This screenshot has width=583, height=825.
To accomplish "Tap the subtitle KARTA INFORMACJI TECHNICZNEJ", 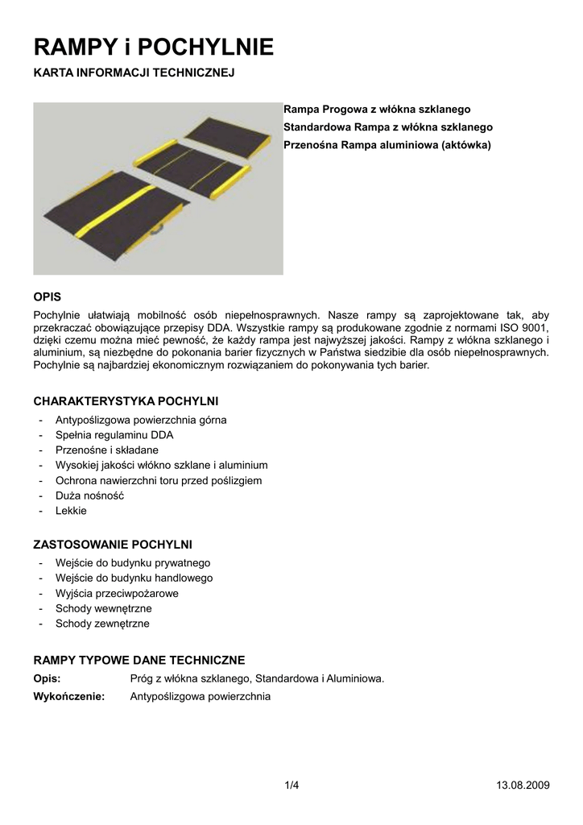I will click(133, 73).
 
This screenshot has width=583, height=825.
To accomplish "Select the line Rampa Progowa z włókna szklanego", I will click(378, 109).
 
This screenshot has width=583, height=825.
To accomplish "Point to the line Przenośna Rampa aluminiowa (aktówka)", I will click(387, 145).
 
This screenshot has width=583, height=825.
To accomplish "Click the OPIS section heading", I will click(47, 296).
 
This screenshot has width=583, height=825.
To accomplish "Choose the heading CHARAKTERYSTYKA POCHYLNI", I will click(125, 400).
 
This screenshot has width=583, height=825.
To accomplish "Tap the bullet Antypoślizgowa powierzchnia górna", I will click(141, 420).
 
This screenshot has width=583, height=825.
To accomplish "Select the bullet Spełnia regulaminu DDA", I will click(114, 435).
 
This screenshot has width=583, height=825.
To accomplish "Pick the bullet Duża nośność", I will click(89, 495).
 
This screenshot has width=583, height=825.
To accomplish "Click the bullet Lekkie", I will click(71, 511).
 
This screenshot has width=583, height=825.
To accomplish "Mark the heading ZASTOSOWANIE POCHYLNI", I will click(112, 544).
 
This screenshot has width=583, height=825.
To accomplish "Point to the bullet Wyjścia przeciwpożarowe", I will click(117, 593).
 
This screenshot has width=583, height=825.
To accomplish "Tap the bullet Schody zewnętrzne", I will click(102, 624).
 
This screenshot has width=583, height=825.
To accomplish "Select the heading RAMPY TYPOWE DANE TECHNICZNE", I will click(139, 660).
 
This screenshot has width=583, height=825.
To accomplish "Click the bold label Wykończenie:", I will click(69, 696).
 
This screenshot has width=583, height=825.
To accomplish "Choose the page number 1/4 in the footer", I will click(291, 786).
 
